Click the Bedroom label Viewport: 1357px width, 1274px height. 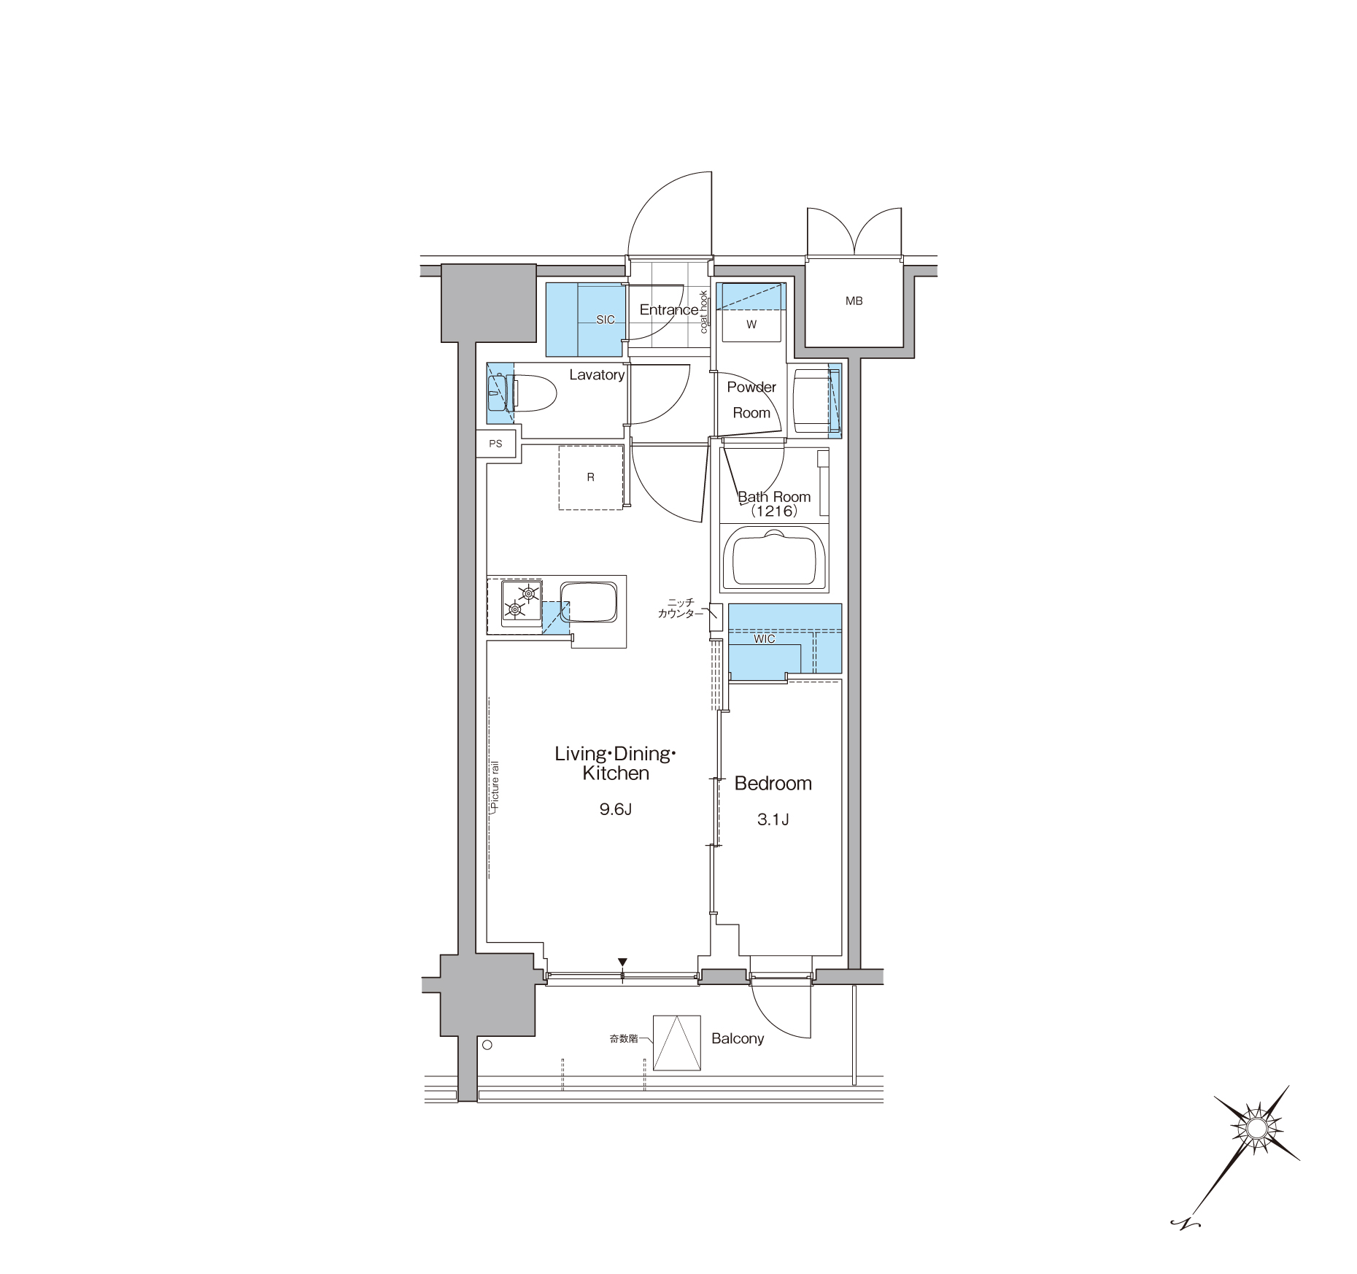click(773, 784)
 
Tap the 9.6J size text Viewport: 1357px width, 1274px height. click(615, 809)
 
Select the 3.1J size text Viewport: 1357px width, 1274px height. click(773, 819)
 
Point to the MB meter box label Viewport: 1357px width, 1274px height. click(854, 301)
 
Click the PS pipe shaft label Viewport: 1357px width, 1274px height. click(495, 444)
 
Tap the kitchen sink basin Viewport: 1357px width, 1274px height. click(588, 602)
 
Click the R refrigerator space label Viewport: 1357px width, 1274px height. click(590, 477)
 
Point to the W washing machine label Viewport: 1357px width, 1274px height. click(751, 325)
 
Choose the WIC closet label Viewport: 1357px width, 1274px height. click(765, 639)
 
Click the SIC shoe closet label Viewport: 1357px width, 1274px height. click(605, 320)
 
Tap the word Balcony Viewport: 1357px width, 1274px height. click(738, 1038)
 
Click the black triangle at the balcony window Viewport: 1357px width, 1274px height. click(622, 962)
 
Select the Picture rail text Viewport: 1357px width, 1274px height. click(495, 788)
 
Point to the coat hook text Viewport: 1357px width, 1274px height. click(704, 312)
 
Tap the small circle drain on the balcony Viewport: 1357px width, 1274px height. click(487, 1045)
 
